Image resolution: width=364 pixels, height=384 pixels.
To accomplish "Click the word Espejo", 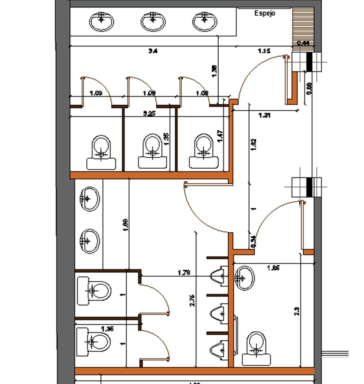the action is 265,13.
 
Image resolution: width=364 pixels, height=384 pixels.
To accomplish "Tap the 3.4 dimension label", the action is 153,51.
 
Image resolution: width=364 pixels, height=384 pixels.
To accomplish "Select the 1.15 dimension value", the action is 264,51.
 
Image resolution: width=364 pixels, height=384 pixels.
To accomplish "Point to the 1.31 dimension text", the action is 264,115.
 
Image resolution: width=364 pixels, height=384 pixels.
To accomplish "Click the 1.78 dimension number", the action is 185,273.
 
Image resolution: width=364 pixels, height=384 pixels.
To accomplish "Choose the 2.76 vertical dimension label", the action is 192,300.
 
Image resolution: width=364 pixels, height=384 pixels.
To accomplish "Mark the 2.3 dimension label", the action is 296,311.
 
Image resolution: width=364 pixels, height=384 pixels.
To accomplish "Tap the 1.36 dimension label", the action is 107,329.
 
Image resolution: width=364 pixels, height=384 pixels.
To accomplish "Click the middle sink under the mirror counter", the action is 153,21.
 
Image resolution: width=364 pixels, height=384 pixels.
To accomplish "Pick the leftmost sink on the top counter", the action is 101,21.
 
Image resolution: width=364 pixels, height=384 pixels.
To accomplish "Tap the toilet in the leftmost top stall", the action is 101,152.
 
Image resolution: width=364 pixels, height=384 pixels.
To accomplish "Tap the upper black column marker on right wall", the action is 309,62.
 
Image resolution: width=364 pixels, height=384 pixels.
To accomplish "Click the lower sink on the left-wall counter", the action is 90,241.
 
